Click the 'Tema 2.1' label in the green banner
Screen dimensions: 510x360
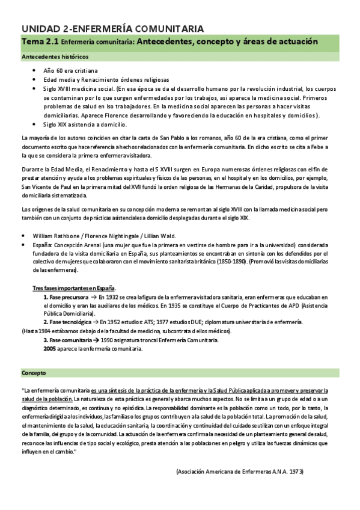click(x=40, y=41)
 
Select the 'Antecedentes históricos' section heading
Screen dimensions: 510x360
click(x=55, y=57)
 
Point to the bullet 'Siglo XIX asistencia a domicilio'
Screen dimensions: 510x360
click(x=85, y=124)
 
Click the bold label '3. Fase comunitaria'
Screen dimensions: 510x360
click(x=67, y=339)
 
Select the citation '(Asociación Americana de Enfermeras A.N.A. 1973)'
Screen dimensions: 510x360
click(x=239, y=472)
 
